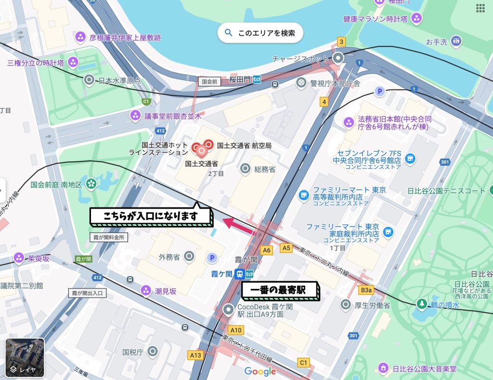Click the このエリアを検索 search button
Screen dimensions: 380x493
[x=260, y=33]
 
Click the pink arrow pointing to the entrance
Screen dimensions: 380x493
[x=239, y=225]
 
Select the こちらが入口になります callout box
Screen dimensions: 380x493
[x=151, y=216]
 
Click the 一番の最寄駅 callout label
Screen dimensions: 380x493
[x=280, y=290]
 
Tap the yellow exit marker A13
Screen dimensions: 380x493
[x=195, y=355]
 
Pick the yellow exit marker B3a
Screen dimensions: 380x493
[x=367, y=290]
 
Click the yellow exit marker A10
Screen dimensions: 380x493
[x=236, y=330]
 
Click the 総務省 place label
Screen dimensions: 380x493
[x=264, y=169]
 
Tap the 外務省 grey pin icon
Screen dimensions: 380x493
[x=189, y=256]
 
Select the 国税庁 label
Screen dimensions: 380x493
[x=133, y=352]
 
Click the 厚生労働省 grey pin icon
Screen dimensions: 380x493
[x=345, y=304]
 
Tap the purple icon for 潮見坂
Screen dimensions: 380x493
[x=145, y=290]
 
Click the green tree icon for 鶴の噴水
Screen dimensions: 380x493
[x=422, y=304]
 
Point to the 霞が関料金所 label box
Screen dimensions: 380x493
[x=109, y=237]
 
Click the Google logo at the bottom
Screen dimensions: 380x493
[x=260, y=371]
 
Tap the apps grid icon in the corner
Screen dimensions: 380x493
[x=480, y=8]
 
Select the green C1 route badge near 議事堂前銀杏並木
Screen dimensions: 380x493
[x=146, y=102]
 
